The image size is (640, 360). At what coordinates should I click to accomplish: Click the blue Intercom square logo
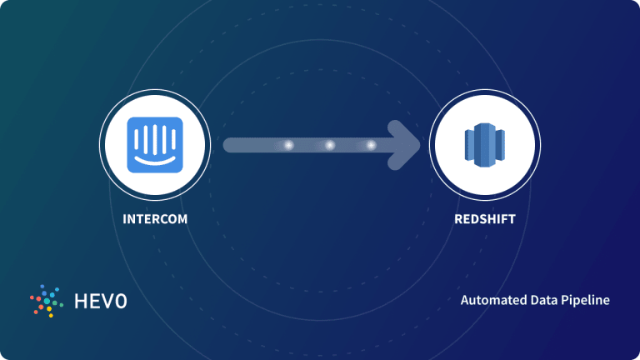pos(154,143)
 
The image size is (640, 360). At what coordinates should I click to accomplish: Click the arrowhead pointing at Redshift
pos(407,145)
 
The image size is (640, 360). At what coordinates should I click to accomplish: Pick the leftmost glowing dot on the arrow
pos(289,146)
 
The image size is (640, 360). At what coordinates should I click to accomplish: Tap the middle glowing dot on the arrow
pos(329,146)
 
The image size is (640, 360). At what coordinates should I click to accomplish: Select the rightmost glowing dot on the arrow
pos(370,146)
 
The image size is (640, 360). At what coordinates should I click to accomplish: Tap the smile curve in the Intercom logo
pos(154,156)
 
